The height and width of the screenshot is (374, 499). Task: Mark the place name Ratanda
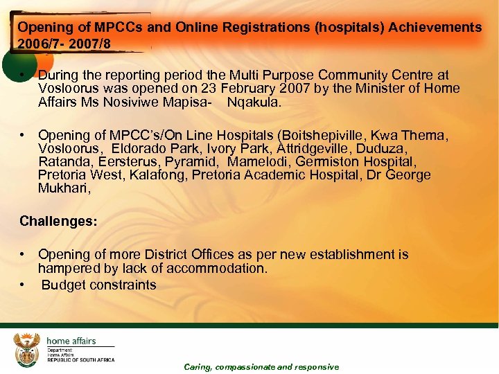pyautogui.click(x=64, y=161)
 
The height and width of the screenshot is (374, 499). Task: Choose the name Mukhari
pyautogui.click(x=63, y=188)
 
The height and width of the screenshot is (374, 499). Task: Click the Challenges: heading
pyautogui.click(x=59, y=222)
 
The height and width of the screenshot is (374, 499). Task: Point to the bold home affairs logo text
pyautogui.click(x=71, y=341)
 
